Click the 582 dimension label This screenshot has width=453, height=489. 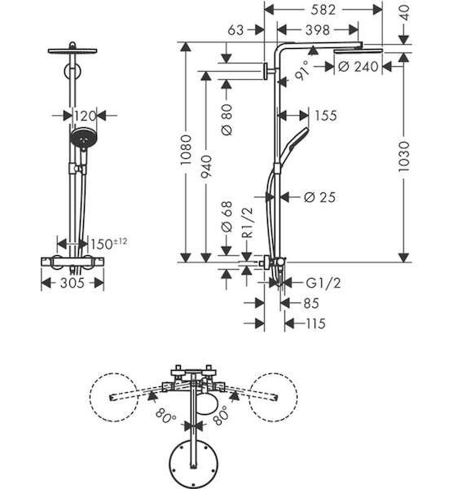[x=323, y=10]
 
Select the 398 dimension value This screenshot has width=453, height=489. [x=318, y=30]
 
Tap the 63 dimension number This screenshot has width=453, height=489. [x=235, y=30]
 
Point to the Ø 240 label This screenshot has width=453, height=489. [x=358, y=67]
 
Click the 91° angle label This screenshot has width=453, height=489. [x=302, y=71]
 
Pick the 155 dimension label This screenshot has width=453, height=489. [x=326, y=116]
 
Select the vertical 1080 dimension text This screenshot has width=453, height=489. [x=186, y=150]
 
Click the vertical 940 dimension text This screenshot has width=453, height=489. [x=206, y=166]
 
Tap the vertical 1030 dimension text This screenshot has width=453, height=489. [x=403, y=156]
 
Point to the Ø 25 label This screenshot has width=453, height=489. [x=319, y=197]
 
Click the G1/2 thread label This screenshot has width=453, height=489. [x=323, y=283]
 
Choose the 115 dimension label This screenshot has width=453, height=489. [x=315, y=324]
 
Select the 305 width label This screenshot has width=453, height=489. [x=73, y=283]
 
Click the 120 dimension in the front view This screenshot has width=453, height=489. [x=85, y=116]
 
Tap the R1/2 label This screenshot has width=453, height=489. [x=248, y=222]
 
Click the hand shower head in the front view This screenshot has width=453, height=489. [x=84, y=138]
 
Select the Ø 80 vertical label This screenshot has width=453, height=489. [x=227, y=120]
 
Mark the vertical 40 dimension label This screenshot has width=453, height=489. [x=404, y=13]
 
